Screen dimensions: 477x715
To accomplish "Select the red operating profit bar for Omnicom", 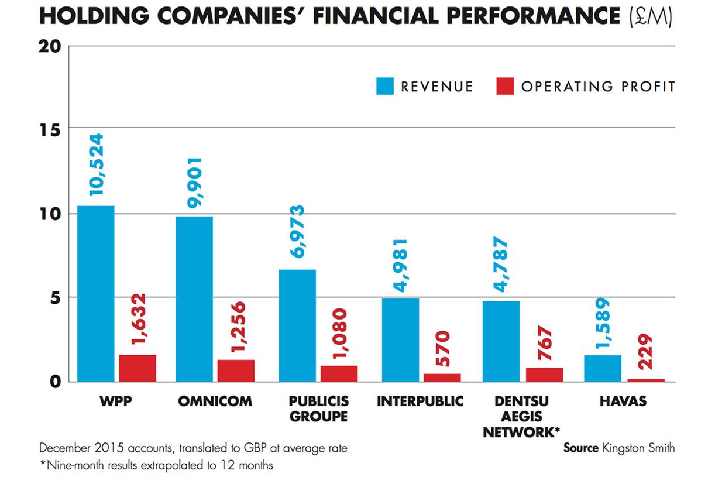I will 236,370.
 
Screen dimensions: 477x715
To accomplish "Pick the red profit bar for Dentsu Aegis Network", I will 544,375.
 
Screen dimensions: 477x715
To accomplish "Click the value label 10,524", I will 95,164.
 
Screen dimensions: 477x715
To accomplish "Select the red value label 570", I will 442,349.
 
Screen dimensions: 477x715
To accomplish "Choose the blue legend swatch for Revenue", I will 385,86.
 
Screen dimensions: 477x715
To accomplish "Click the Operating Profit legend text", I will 598,87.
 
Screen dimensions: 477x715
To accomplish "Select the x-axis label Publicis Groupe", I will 318,409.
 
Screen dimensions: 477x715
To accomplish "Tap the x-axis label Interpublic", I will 420,401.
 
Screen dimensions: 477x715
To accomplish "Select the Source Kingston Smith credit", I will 618,448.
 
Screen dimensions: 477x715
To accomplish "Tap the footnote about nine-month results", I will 157,466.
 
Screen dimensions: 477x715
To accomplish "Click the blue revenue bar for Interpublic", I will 400,340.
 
